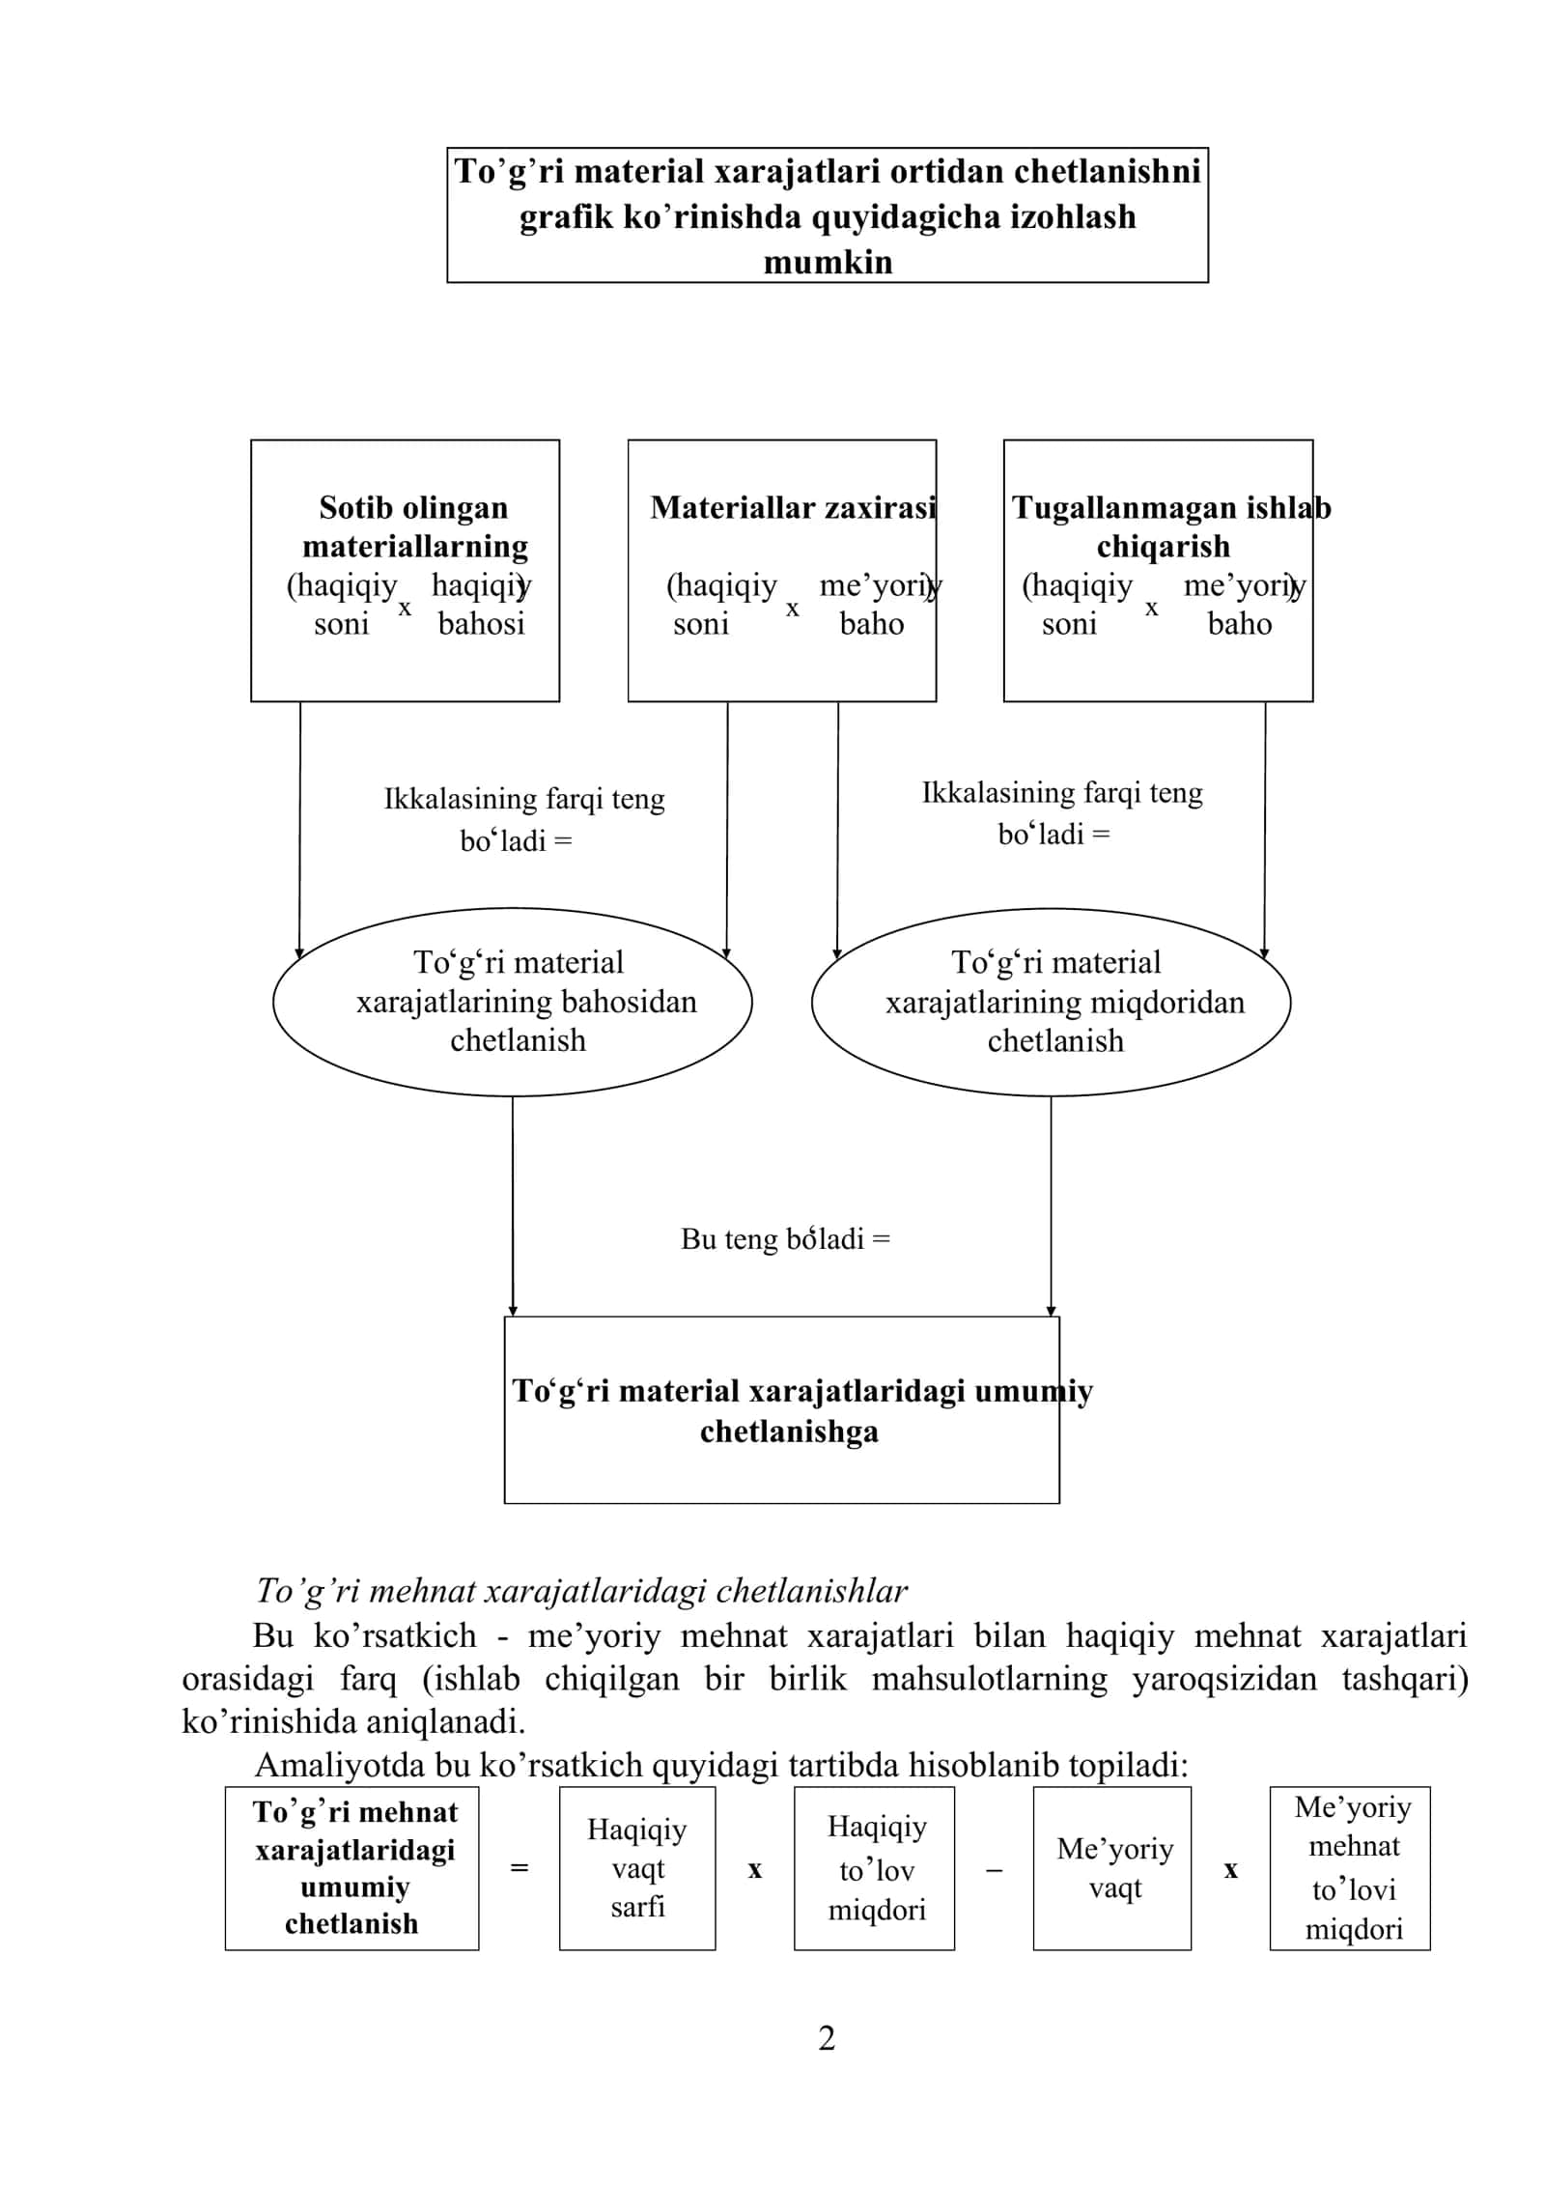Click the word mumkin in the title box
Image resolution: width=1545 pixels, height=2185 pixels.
tap(828, 262)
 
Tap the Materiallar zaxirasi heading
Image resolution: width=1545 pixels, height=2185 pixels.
tap(793, 507)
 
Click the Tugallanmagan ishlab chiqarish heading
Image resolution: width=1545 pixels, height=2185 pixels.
tap(1170, 526)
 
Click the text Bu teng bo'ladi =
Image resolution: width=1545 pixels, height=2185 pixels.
tap(785, 1238)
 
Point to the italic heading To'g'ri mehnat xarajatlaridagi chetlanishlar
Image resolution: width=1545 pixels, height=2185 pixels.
tap(581, 1591)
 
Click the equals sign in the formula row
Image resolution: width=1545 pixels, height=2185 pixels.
tap(520, 1869)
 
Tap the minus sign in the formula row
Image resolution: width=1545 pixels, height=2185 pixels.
tap(994, 1870)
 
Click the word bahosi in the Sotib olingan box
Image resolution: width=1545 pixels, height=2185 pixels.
tap(481, 624)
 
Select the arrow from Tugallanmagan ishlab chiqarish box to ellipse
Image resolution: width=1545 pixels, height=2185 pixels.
tap(1265, 831)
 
